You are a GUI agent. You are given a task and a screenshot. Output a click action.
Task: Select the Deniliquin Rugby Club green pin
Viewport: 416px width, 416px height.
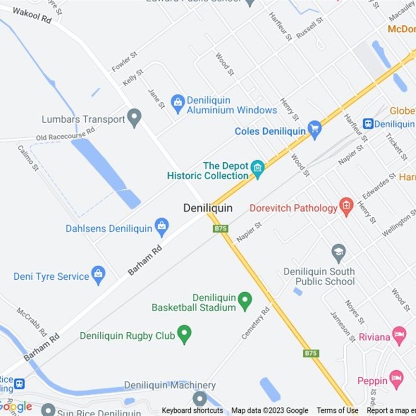184,334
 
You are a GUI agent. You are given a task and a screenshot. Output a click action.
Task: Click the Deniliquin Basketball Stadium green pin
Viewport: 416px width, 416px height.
244,300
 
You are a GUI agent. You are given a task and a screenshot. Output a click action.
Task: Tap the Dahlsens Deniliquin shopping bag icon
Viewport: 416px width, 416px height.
162,227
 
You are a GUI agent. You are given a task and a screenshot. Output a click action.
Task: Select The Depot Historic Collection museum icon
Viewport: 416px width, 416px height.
257,168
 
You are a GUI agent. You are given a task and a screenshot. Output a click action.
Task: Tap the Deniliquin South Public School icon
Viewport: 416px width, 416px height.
339,253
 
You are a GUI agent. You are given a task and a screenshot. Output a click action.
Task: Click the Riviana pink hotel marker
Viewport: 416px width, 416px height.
399,335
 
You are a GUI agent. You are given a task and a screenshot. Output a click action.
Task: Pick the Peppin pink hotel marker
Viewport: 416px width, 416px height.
396,379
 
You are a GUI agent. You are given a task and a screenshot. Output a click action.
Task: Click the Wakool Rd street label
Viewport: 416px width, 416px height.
32,15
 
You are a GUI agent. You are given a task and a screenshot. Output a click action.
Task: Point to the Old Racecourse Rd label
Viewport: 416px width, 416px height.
65,134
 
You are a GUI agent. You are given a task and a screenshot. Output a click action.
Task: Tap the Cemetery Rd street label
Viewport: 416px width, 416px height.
256,322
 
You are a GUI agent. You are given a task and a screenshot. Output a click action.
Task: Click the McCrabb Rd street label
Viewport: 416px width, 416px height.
32,322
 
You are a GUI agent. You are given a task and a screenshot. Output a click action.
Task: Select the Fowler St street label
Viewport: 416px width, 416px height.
124,61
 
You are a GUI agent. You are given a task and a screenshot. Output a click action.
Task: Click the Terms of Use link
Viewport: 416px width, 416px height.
337,410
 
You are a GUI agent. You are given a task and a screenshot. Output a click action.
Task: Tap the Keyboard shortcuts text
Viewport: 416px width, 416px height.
192,410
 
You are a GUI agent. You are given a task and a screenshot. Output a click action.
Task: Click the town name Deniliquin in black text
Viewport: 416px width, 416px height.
207,208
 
